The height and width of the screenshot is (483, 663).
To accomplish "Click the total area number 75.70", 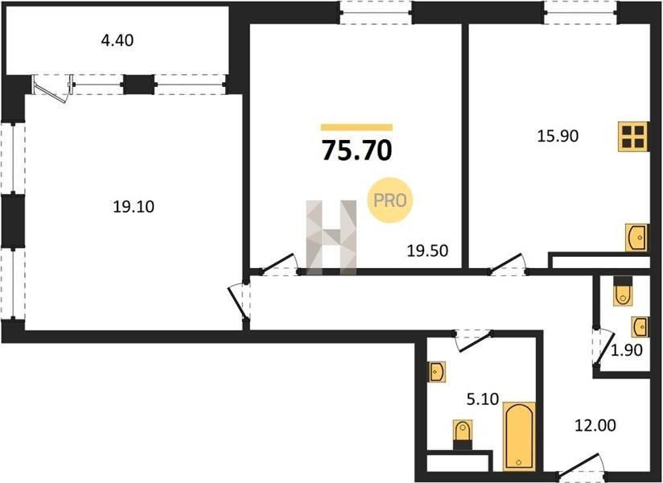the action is point(357,151).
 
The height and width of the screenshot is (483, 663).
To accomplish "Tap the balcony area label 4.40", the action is point(117,40).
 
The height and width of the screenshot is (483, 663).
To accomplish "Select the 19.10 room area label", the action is point(134,207).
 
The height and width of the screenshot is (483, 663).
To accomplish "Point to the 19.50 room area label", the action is point(427,251).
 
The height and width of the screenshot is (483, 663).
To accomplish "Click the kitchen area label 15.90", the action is point(558,136).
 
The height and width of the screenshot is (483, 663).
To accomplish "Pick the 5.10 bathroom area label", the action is point(483,398).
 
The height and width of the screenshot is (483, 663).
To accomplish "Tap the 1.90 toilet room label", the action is point(627,350).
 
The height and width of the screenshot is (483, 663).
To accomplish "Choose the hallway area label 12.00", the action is point(595,426).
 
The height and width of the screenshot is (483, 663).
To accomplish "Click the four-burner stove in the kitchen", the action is point(633,137).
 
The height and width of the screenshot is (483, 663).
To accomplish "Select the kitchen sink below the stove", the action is point(636,237).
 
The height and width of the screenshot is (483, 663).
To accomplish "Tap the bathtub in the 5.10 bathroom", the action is point(519,436).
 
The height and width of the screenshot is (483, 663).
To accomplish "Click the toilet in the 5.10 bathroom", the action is point(462,436).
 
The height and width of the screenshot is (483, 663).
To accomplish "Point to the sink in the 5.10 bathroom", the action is point(437,372).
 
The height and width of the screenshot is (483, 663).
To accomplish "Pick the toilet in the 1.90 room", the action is point(623,291).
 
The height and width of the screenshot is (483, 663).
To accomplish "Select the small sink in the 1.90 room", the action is point(640,327).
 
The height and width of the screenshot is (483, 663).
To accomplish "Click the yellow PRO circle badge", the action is point(389,200).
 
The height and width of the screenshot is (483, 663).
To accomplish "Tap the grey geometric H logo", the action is point(331,237).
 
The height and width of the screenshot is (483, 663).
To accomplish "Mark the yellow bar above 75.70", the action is point(357,127).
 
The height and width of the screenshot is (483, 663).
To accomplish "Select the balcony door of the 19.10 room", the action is point(52,89).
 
